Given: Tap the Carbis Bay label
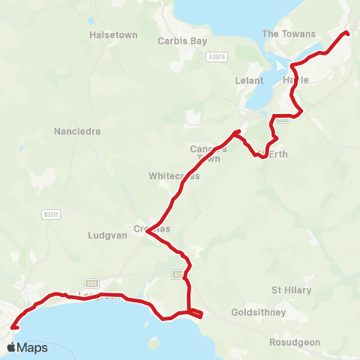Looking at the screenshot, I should pos(182,41).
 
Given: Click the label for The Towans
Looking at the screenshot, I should pos(289,34).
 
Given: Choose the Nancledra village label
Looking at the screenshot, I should pos(77,131).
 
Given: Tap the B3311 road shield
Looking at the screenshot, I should pos(51,214).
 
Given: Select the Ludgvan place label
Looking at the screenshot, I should pos(106,234).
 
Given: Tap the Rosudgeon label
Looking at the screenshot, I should pos(295,343).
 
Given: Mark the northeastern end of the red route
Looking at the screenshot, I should pos(347,33).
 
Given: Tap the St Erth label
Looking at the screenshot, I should pos(272,154).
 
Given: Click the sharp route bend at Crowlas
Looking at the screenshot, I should pos(148,232).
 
